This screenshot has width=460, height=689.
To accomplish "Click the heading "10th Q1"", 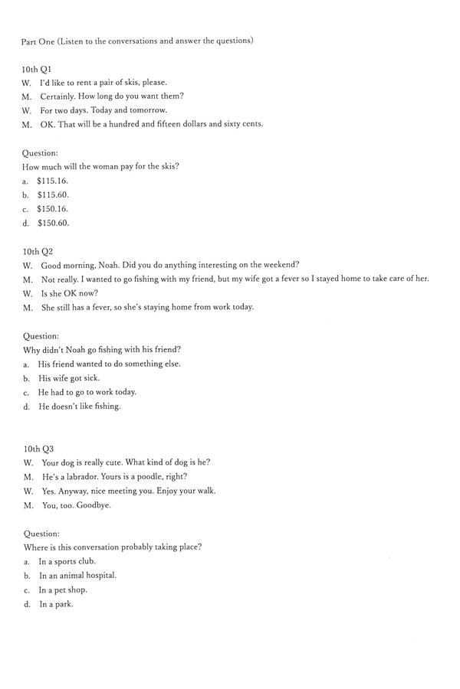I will [37, 68].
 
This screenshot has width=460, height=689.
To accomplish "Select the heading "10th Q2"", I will [37, 250].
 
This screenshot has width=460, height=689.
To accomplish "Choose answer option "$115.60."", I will [52, 194].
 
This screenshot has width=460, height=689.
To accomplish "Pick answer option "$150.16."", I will [52, 208].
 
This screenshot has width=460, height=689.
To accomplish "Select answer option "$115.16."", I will [52, 181].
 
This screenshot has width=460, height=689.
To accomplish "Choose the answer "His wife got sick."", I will [69, 378].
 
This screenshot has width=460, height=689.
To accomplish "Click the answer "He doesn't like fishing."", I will [80, 407].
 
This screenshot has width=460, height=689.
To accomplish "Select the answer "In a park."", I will [56, 604].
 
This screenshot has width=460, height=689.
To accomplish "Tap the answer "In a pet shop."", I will [63, 589].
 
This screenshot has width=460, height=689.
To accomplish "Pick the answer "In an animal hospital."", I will [77, 575].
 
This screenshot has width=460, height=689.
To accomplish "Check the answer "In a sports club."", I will [67, 561].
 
